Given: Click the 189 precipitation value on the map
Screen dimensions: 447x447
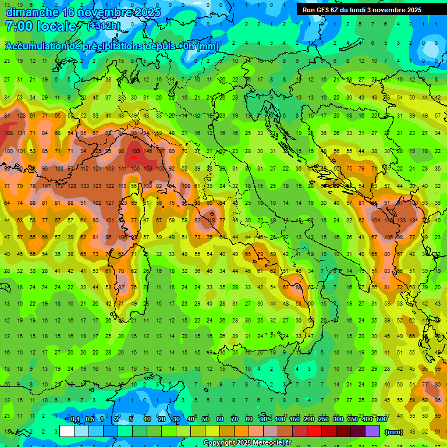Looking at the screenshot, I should tap(135, 151).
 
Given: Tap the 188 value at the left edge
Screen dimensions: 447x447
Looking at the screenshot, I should tap(9, 133).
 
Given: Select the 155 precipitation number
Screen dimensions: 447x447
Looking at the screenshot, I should tap(136, 169).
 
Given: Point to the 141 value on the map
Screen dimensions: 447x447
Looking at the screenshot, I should tap(122, 169).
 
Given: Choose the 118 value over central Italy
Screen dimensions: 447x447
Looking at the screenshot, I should tap(211, 221).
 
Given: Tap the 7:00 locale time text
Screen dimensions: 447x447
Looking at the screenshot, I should tap(41, 26).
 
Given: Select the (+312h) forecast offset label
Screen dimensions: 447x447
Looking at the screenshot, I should tap(103, 26).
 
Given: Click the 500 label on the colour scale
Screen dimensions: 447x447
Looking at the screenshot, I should tap(382, 420).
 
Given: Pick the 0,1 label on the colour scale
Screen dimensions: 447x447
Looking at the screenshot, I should tap(75, 420).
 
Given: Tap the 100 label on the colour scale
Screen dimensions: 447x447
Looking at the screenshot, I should tap(280, 420).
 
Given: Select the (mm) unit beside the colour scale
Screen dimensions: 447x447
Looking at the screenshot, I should tap(394, 432).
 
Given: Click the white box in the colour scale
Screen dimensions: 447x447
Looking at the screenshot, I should tap(67, 431).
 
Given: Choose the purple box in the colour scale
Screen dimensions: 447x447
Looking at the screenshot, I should tap(372, 431).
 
